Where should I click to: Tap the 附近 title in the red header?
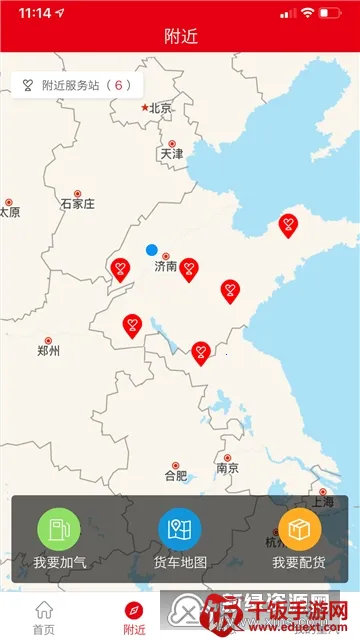[x=180, y=36]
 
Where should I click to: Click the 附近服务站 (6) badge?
[x=77, y=85]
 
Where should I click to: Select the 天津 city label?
[x=171, y=153]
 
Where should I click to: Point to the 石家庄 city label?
[x=77, y=203]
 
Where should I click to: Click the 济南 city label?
[x=166, y=266]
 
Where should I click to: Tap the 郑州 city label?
[x=48, y=350]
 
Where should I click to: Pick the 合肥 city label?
[x=175, y=475]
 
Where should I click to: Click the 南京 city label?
[x=227, y=468]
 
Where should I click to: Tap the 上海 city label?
[x=322, y=502]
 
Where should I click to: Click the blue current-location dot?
[x=151, y=249]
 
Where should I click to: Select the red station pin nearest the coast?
[x=288, y=225]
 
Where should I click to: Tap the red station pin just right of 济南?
[x=188, y=268]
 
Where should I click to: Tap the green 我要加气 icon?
[x=59, y=529]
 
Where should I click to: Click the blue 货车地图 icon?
[x=180, y=529]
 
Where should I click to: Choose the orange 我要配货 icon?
[x=299, y=529]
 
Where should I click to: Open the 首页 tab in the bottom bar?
[x=43, y=616]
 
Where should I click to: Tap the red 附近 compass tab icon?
[x=133, y=610]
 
